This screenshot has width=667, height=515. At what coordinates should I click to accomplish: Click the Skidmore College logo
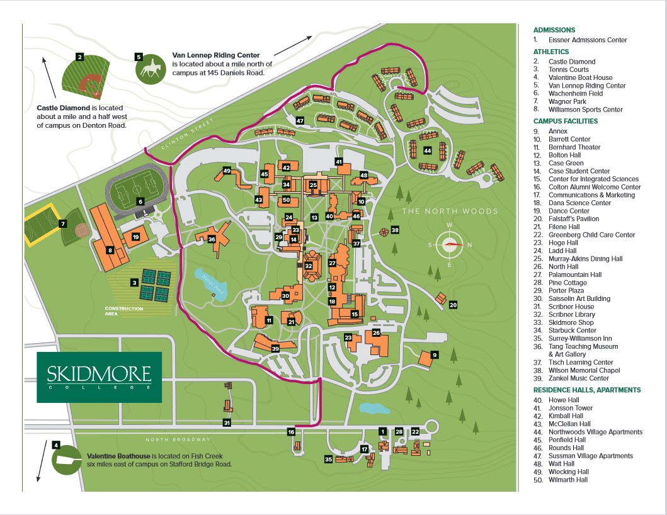click(99, 377)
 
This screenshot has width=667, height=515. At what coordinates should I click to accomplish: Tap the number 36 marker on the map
click(212, 239)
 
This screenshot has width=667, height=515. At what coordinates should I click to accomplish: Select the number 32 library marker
click(309, 266)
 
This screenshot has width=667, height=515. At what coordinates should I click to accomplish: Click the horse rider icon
click(150, 69)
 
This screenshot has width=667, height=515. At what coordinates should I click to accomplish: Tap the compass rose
click(449, 244)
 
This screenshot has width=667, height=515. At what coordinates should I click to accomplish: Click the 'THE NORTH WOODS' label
click(450, 211)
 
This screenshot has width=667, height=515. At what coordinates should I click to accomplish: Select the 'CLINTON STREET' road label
click(187, 134)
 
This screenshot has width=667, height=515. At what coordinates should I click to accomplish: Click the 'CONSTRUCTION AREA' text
click(124, 311)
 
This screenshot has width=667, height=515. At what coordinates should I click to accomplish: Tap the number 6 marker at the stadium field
click(140, 201)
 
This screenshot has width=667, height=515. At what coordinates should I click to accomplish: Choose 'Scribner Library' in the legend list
click(572, 315)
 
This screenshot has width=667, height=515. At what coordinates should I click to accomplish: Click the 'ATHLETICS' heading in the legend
click(551, 52)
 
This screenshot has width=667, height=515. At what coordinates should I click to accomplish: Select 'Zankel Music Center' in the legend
click(579, 378)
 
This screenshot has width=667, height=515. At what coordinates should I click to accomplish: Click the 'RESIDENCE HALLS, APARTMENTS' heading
click(587, 390)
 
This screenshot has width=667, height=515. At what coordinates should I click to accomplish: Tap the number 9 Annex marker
click(435, 354)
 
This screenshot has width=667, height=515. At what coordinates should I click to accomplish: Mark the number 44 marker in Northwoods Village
click(428, 150)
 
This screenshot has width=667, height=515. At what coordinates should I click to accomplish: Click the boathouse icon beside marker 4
click(67, 460)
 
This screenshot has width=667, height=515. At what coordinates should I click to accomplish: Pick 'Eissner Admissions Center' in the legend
click(588, 40)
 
